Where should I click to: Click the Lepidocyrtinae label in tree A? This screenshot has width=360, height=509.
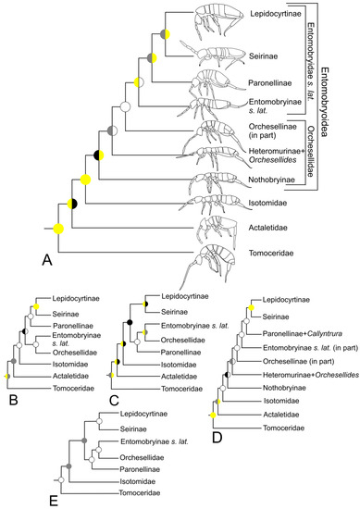tap(276, 17)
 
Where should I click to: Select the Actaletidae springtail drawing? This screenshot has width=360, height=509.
tap(221, 226)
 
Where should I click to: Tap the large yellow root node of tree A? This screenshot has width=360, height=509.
tap(58, 229)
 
